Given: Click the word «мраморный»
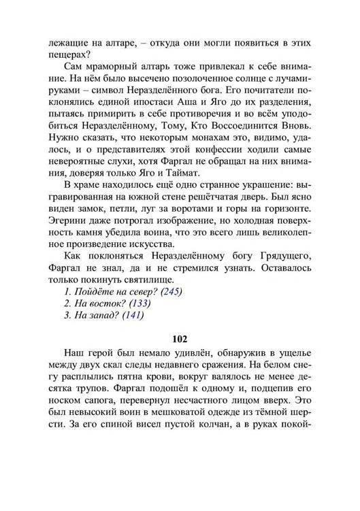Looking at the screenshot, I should (x=120, y=69).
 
